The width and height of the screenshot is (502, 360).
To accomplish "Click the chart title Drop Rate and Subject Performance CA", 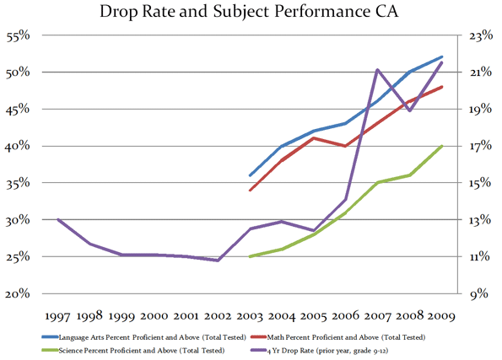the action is click(x=249, y=11).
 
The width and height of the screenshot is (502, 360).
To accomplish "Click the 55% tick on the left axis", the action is click(x=18, y=36).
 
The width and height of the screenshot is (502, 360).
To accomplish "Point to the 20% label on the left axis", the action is click(x=18, y=293).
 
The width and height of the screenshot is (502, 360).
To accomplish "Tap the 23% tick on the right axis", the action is click(x=481, y=36).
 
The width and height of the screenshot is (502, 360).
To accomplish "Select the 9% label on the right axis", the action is click(x=479, y=293).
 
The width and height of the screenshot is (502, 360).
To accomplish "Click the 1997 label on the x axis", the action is click(x=57, y=316).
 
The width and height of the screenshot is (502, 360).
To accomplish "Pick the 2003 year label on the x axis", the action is click(x=250, y=316).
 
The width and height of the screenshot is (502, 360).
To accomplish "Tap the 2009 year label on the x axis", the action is click(x=441, y=316).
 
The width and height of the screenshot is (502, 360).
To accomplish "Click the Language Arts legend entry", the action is click(x=144, y=337).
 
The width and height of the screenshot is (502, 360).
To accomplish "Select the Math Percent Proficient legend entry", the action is click(x=338, y=337).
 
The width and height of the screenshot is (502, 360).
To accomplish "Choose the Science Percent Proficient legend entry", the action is click(x=133, y=351).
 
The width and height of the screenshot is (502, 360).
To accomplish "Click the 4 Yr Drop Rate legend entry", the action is click(x=319, y=351).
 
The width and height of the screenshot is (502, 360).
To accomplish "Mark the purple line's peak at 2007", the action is click(x=377, y=69).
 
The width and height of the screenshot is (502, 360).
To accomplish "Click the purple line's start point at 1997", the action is click(x=58, y=219).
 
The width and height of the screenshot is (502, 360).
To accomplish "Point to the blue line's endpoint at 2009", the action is click(x=442, y=57).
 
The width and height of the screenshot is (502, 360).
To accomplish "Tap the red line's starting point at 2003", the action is click(x=250, y=190).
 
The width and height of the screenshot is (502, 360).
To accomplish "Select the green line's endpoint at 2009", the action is click(x=442, y=146).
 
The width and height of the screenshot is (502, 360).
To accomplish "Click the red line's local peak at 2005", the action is click(x=314, y=138).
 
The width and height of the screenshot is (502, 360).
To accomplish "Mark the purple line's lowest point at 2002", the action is click(x=218, y=261).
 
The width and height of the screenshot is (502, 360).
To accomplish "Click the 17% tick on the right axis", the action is click(x=481, y=146).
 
